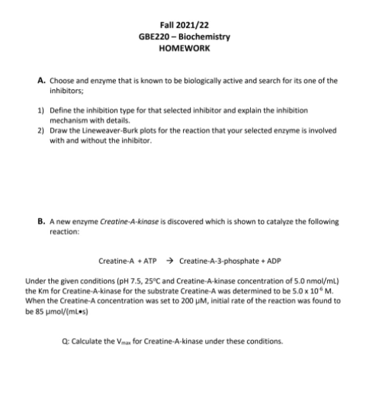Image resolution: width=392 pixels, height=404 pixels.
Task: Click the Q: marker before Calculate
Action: [85, 341]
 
